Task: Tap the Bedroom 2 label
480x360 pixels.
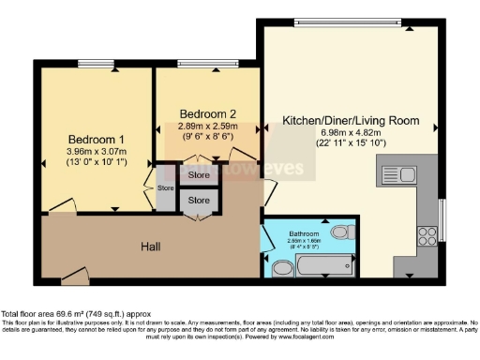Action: (x=206, y=112)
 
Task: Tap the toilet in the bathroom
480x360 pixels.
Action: (x=281, y=269)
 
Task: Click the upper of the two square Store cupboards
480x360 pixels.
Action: (x=199, y=174)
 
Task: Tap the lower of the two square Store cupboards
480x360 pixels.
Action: (x=199, y=201)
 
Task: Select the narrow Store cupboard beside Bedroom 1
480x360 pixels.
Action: (x=166, y=188)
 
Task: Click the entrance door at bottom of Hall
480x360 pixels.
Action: (x=73, y=275)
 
